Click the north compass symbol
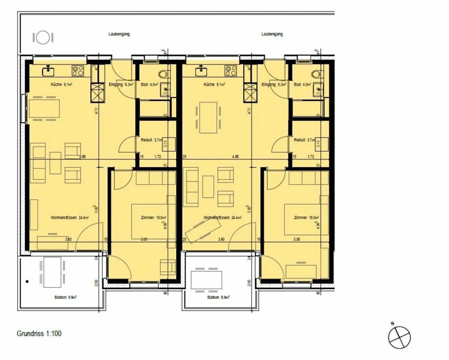(399, 337)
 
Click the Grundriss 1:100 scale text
(39, 333)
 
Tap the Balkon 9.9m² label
(65, 297)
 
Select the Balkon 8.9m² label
(218, 297)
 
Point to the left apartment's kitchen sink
(48, 71)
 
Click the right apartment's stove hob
(231, 71)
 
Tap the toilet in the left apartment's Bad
(162, 74)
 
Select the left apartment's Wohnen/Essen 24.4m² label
(70, 218)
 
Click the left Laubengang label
(119, 34)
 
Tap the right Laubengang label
(272, 34)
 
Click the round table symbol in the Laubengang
(43, 38)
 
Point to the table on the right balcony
(206, 280)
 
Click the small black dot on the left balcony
(27, 281)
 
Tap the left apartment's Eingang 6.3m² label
(121, 84)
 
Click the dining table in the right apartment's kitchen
(208, 118)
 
